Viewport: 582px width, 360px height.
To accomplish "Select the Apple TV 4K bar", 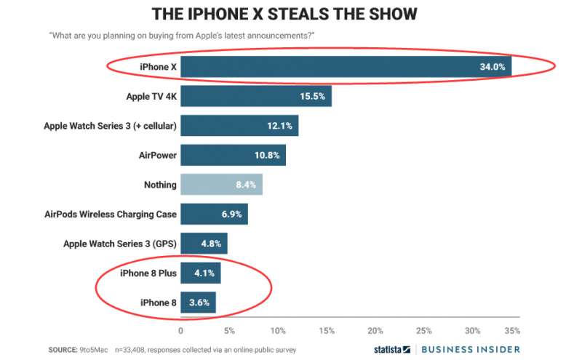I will (x=255, y=96).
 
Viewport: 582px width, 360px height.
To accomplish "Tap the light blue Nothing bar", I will (x=220, y=185).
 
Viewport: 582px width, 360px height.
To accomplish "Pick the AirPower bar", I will (x=233, y=155).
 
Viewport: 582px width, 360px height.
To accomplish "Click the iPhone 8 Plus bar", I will (x=200, y=273).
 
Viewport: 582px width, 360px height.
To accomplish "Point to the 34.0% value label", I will (x=492, y=67).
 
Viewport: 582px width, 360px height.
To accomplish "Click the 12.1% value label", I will (x=280, y=126).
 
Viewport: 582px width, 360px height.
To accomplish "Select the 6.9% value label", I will (x=230, y=215).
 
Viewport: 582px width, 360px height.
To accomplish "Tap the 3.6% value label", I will (x=199, y=303).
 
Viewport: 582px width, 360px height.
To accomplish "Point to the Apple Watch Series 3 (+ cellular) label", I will (x=110, y=126).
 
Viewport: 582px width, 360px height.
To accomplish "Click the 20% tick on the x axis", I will (x=375, y=331).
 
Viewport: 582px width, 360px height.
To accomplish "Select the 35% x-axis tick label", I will (x=512, y=331).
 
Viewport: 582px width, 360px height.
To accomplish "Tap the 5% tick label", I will (x=229, y=331).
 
